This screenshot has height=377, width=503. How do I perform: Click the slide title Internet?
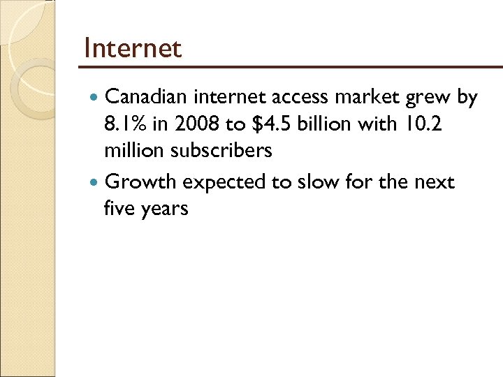tap(132, 48)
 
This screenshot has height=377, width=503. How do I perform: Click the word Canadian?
tap(148, 98)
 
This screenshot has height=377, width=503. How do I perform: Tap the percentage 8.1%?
tap(123, 124)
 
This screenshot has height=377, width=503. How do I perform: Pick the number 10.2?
tap(421, 124)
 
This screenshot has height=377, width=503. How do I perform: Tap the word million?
tap(133, 151)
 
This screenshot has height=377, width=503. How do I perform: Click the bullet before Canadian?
tap(96, 98)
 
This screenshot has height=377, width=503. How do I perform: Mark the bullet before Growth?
tap(96, 183)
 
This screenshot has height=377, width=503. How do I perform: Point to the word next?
tap(435, 183)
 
